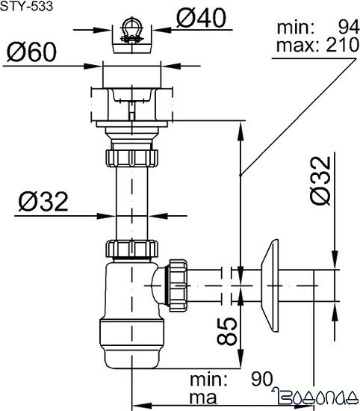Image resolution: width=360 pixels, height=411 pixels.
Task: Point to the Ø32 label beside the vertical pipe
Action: tap(43, 201)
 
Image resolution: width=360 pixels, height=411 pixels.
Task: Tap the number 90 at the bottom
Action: tap(261, 377)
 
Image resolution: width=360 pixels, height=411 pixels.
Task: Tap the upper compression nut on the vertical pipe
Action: tap(131, 158)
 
